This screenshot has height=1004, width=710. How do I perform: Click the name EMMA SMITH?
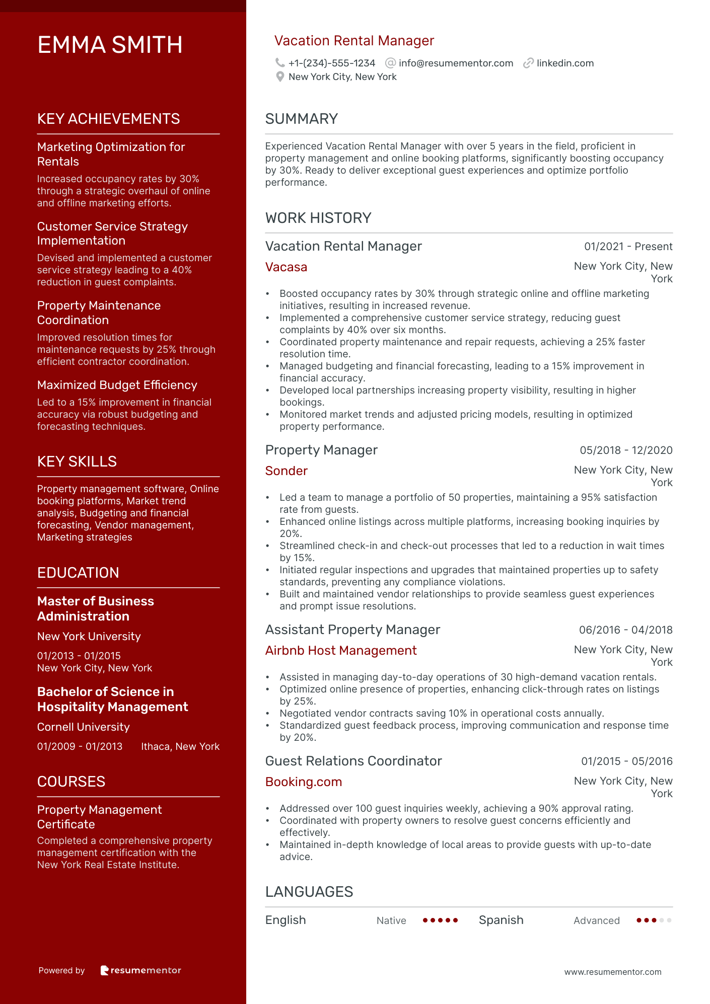point(110,45)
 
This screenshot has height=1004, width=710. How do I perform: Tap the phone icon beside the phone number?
point(280,63)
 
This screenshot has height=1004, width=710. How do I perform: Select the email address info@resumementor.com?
point(456,63)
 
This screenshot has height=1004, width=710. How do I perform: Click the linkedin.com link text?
point(565,63)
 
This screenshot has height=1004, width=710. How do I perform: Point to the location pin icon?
point(280,76)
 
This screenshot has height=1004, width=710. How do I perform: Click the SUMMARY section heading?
point(301,119)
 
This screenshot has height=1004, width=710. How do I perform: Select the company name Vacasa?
point(286,267)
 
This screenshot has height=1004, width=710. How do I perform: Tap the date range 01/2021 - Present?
point(628,247)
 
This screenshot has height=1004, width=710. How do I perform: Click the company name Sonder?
point(286,471)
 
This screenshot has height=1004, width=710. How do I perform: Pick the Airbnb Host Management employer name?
point(341,651)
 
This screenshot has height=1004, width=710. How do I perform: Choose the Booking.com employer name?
point(304,782)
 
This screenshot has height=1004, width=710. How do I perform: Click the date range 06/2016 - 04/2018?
point(625,630)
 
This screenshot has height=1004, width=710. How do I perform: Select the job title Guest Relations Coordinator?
point(353,761)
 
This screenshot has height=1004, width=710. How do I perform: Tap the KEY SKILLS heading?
point(77,461)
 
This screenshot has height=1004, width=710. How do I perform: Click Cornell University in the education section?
point(84,727)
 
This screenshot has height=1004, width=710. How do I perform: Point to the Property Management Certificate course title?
point(99,817)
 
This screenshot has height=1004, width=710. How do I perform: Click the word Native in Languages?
point(391,920)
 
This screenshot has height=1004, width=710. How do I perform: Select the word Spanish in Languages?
point(501,920)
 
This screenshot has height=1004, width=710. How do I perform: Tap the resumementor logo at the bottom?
point(141,970)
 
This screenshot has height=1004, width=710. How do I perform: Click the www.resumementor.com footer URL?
point(613,972)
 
